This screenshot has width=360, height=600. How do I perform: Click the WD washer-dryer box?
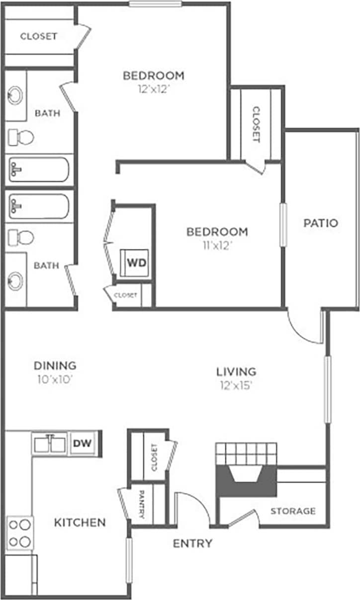click(136, 262)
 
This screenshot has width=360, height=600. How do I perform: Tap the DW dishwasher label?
click(82, 443)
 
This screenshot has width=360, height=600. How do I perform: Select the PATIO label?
click(321, 223)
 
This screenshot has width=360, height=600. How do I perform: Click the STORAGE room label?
click(293, 511)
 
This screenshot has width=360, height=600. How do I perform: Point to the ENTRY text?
click(192, 543)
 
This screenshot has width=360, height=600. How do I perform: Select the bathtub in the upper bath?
click(38, 171)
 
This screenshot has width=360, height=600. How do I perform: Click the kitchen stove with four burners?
click(20, 532)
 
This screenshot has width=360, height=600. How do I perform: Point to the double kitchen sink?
click(50, 443)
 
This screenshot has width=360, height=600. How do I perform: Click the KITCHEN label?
click(80, 522)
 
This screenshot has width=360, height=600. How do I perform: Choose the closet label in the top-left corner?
click(38, 36)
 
